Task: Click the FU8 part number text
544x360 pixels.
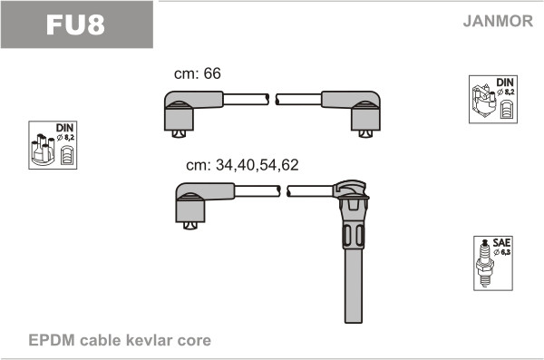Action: [75, 25]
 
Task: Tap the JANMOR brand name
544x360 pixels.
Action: [498, 21]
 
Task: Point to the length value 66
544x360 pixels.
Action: [212, 73]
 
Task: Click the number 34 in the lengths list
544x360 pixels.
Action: [224, 165]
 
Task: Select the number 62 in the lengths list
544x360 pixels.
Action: [290, 165]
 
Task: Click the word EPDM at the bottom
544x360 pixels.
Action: [52, 340]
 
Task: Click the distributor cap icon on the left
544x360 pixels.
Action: [43, 150]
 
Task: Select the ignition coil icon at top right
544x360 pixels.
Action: [484, 100]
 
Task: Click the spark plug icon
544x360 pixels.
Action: [485, 263]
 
